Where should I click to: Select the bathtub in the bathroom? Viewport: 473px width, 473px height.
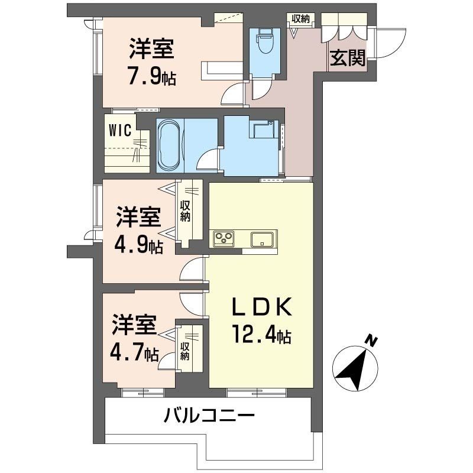point(170,145)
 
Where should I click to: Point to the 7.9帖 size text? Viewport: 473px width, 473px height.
point(151,77)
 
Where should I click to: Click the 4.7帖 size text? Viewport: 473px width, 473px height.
point(134,353)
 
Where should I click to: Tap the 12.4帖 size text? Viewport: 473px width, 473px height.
point(260,337)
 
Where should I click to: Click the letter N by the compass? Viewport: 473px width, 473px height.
point(371,341)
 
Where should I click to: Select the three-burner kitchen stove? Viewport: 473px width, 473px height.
point(225,239)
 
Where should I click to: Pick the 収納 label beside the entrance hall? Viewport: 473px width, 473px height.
point(300,18)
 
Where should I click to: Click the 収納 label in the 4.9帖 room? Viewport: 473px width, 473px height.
point(185,210)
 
